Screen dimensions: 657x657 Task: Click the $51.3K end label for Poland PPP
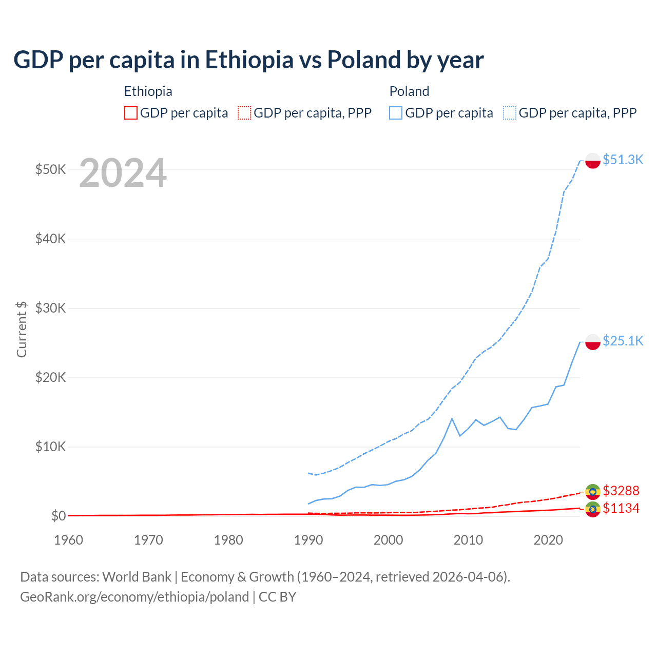(623, 160)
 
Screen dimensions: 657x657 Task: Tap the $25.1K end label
(623, 341)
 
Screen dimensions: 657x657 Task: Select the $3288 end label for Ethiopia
(621, 491)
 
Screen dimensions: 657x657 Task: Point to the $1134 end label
(621, 508)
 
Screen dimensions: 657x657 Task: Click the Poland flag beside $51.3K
(593, 161)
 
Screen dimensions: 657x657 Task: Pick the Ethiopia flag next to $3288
(593, 491)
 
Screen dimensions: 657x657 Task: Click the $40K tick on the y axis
(50, 239)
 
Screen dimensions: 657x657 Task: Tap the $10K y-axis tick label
(50, 447)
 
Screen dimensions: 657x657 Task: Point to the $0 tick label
(59, 516)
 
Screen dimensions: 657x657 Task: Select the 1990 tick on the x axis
(308, 540)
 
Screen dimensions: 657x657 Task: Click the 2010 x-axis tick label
(468, 540)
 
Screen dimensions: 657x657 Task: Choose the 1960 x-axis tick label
(68, 540)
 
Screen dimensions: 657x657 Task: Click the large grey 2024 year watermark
(123, 173)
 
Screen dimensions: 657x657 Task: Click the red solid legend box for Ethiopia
(131, 113)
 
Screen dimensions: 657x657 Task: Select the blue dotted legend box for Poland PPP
(510, 113)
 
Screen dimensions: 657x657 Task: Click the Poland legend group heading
(409, 91)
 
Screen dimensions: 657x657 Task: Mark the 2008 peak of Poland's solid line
(452, 419)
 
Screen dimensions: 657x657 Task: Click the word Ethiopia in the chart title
(249, 60)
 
